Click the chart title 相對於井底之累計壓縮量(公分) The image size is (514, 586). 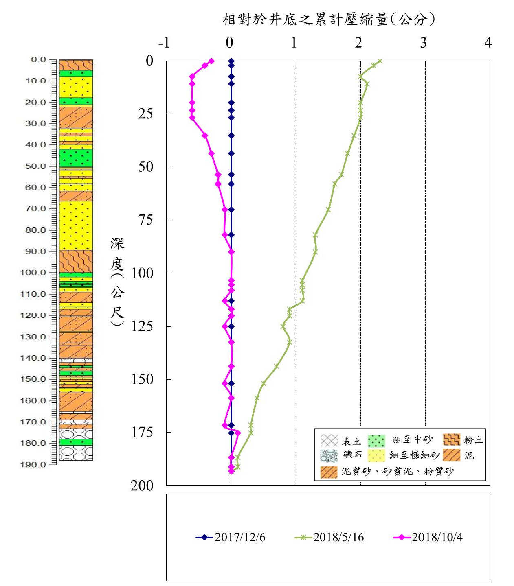(329, 19)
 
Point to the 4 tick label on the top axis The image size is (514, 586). (488, 42)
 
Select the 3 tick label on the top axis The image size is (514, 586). (423, 42)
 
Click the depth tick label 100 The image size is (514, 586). (142, 273)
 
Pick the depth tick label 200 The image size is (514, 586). (142, 485)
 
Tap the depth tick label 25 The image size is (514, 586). (145, 114)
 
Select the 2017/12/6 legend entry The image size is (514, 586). (231, 537)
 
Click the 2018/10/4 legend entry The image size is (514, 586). (428, 537)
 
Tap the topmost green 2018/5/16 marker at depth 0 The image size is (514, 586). (380, 61)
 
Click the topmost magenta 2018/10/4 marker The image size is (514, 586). (211, 61)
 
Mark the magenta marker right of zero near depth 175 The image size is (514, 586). (238, 433)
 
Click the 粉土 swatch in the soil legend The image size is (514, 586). (451, 440)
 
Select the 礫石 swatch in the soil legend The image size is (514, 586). (329, 455)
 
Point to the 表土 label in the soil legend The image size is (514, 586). (351, 441)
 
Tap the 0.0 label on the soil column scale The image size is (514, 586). (39, 60)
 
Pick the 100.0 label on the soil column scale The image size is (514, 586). (35, 272)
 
